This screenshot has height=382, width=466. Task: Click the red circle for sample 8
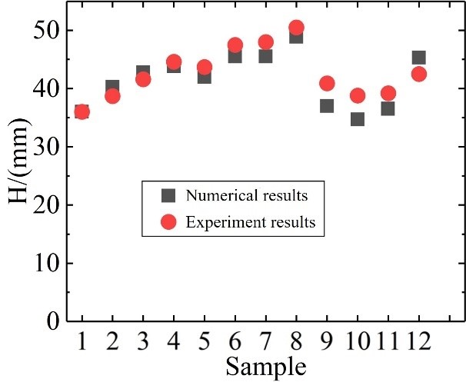pyautogui.click(x=296, y=28)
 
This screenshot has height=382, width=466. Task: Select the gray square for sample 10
pyautogui.click(x=358, y=119)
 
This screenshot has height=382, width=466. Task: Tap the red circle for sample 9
pyautogui.click(x=327, y=83)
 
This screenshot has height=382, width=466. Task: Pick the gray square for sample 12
pyautogui.click(x=419, y=58)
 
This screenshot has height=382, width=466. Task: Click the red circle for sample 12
pyautogui.click(x=419, y=74)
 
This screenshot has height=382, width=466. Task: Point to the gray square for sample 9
pyautogui.click(x=327, y=106)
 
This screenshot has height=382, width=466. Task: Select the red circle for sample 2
pyautogui.click(x=112, y=96)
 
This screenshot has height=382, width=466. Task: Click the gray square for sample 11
pyautogui.click(x=388, y=109)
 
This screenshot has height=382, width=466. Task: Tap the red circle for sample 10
pyautogui.click(x=358, y=96)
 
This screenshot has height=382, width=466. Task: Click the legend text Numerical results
pyautogui.click(x=248, y=195)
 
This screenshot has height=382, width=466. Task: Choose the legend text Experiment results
pyautogui.click(x=250, y=223)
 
